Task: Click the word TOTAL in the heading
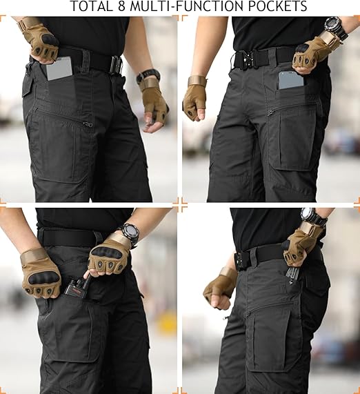[95, 7]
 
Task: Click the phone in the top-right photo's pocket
[290, 80]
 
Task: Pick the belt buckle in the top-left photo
[116, 65]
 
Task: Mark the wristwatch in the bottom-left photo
[129, 233]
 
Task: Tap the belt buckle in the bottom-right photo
[242, 260]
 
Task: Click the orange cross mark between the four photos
[180, 204]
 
